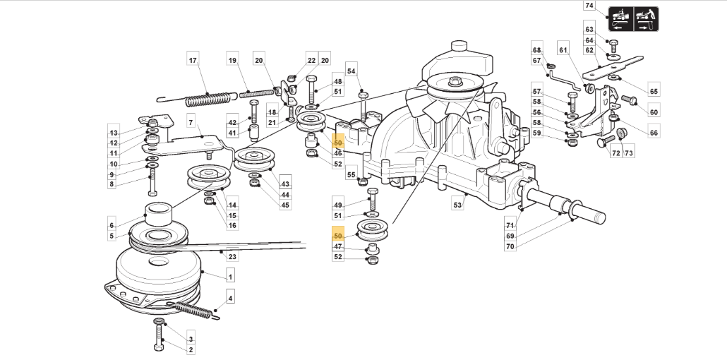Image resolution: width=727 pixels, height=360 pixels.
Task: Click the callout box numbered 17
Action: point(193,60)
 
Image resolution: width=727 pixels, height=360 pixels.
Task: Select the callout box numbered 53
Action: point(457,204)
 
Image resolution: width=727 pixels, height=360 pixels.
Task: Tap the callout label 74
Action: point(589,6)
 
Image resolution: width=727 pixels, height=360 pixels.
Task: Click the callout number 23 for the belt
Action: point(233,256)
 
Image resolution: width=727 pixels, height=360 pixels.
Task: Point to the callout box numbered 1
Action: point(230,277)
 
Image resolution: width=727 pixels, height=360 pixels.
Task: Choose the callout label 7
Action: point(191,123)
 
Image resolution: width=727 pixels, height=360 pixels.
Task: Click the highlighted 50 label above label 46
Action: point(338,143)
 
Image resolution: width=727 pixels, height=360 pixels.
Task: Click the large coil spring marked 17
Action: point(208,99)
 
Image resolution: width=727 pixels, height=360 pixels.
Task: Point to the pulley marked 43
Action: point(255,160)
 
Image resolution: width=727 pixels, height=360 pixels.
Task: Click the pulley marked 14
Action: point(209,176)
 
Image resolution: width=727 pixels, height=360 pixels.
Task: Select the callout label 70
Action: point(510,246)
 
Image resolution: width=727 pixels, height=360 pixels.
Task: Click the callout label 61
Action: point(563,50)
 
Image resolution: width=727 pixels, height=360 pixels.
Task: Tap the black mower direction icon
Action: point(633,19)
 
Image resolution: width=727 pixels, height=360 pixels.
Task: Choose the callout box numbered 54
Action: point(352,71)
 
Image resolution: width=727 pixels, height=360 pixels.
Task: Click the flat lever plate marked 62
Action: point(613,68)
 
